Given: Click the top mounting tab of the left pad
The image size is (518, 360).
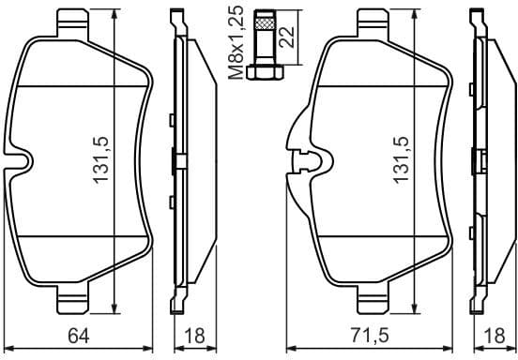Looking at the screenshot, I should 77,21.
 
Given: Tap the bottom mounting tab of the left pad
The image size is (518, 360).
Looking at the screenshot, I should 77,303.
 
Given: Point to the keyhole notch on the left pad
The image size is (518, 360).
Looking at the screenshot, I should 23,161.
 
